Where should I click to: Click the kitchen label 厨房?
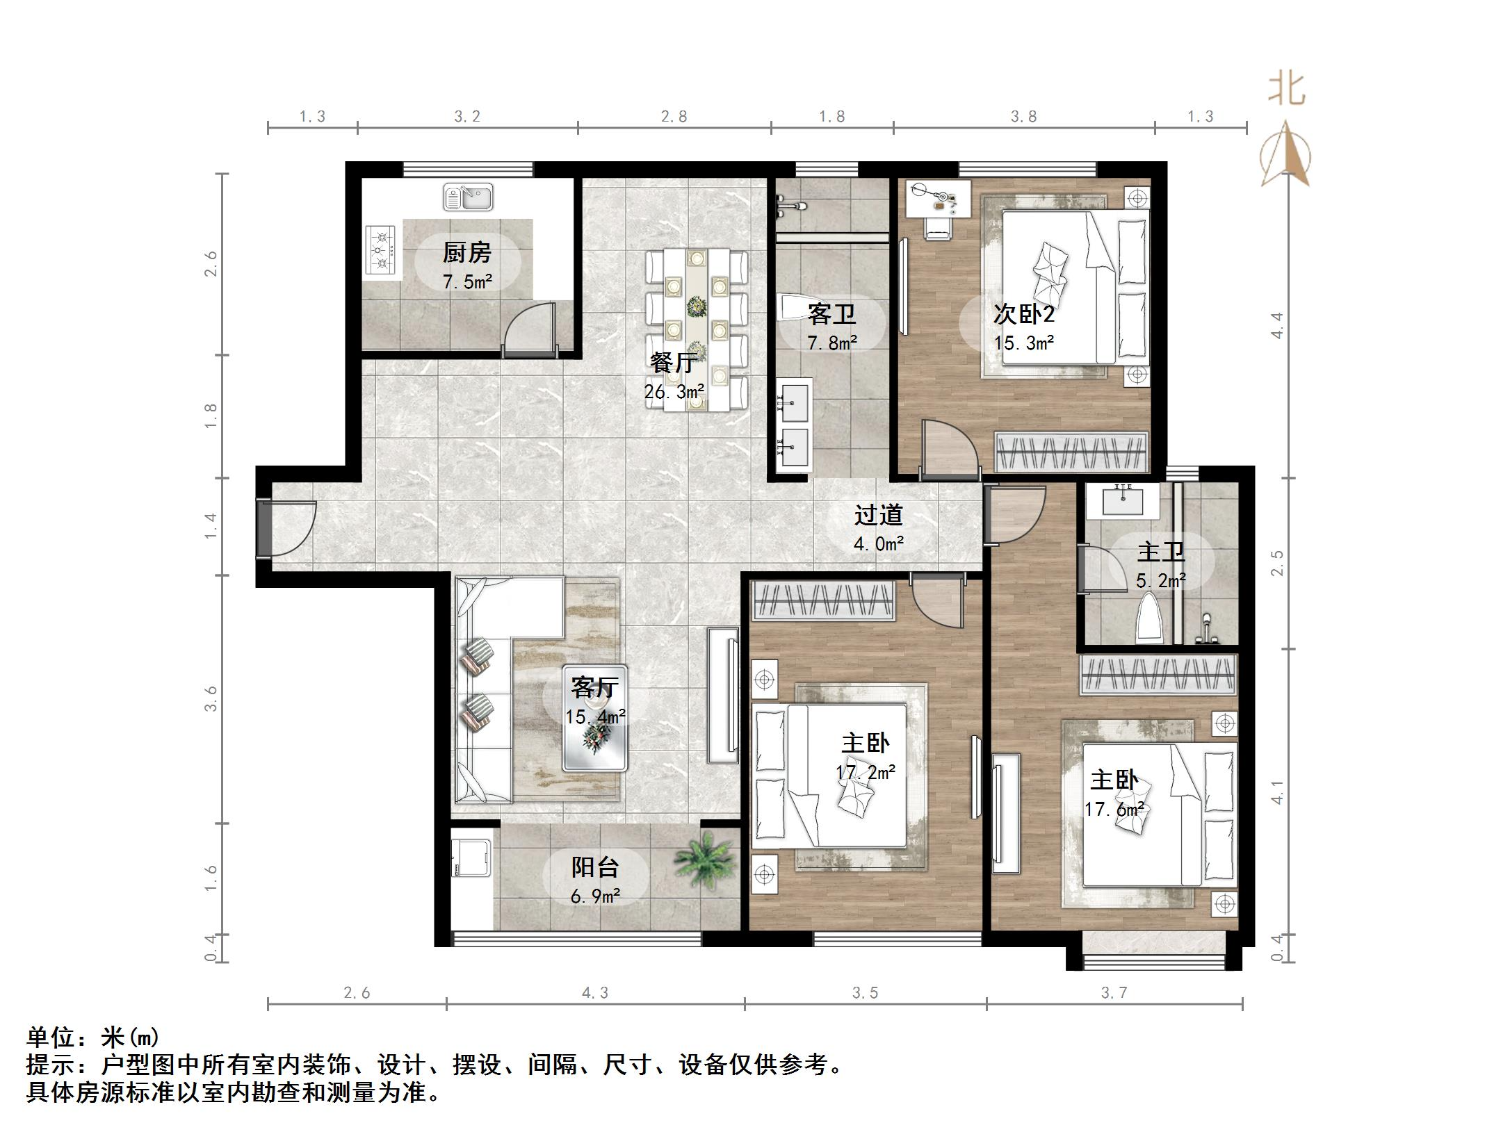point(466,252)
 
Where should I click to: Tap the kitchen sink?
point(468,197)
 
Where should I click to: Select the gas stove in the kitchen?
point(381,251)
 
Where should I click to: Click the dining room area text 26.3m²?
point(674,392)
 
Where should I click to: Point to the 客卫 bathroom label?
point(831,315)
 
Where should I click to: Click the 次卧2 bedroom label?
point(1023,314)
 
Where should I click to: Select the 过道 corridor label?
point(878,515)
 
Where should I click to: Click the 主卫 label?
point(1160,552)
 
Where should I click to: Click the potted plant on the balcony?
point(704,860)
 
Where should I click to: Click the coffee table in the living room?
point(595,744)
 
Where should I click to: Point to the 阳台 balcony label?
point(594,867)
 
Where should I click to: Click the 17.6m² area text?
point(1114,810)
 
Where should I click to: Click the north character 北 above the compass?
point(1286,90)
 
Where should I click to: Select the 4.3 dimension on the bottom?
point(594,993)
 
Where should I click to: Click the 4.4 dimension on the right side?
point(1276,325)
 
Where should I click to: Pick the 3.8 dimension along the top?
point(1023,117)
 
